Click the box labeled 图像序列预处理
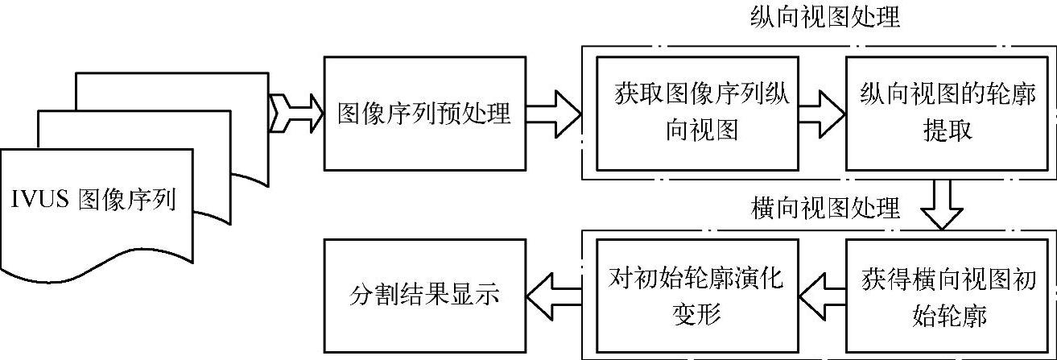pos(423,114)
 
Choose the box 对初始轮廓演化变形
pos(697,295)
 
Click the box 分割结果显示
pos(423,295)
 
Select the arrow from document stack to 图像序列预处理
pos(295,114)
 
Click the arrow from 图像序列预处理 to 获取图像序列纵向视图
pos(553,113)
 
